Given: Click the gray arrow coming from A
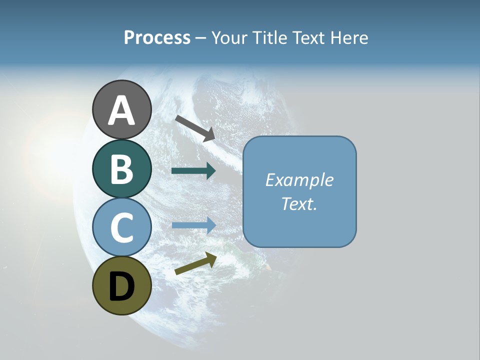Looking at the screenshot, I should click(195, 128).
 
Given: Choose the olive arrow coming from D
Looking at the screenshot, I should click(195, 263).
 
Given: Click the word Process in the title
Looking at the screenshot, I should click(157, 38).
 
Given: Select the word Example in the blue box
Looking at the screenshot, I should click(299, 180).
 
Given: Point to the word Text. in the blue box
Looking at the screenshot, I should click(299, 203).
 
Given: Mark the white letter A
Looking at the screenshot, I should click(122, 110).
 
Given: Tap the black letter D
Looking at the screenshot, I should click(122, 286).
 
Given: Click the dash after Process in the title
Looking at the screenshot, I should click(201, 38).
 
